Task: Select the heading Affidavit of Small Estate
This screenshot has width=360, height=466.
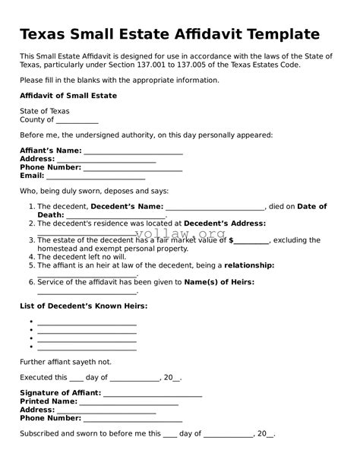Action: [68, 96]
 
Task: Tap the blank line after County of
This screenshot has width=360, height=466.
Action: [77, 120]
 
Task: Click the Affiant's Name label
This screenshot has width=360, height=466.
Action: [50, 151]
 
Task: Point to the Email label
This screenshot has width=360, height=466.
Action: [32, 176]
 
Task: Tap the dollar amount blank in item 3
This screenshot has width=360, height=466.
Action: [252, 240]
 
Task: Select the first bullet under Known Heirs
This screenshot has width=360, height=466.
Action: [31, 322]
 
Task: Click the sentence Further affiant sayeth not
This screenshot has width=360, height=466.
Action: [65, 362]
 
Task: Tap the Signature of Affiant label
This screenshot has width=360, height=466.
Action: [60, 393]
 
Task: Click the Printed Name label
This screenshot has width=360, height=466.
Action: [49, 401]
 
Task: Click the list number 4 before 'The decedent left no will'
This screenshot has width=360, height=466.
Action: [31, 257]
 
